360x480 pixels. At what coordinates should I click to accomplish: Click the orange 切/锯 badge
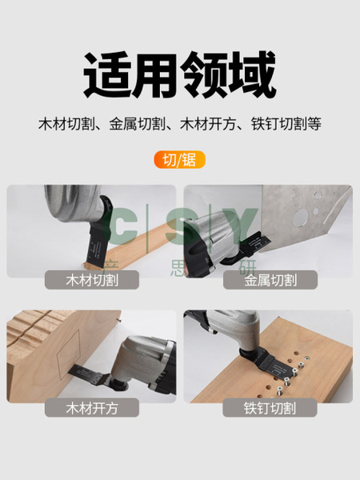point(179,159)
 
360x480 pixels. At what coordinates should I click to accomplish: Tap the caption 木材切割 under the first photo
point(92,280)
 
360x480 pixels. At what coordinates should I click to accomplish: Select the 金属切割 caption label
point(270,280)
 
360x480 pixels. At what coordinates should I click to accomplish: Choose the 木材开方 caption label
point(92,408)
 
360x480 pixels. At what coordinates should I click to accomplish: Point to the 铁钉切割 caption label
point(270,408)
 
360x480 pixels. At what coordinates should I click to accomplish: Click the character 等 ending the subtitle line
point(314,124)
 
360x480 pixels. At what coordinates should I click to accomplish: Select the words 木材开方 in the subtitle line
point(208,124)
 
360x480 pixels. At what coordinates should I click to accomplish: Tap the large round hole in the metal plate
point(300,218)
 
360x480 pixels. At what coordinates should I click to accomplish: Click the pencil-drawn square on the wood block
point(68,354)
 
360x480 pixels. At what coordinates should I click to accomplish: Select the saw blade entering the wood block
point(89,374)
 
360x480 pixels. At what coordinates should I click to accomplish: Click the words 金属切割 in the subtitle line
point(137,124)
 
